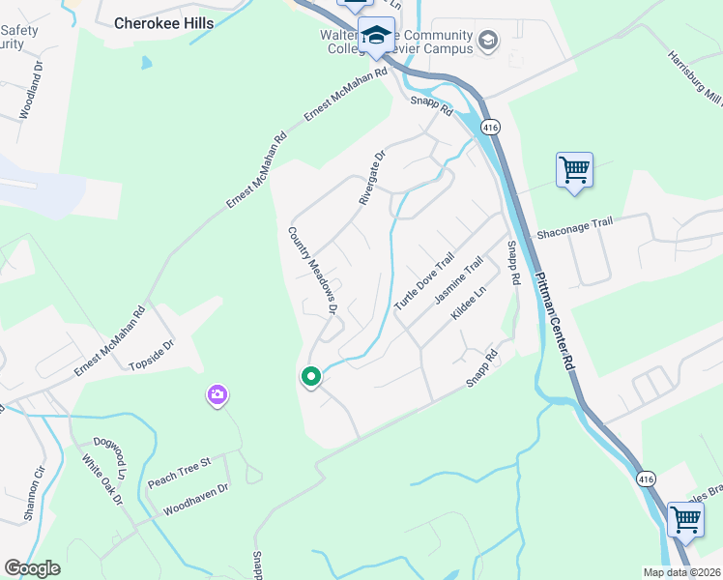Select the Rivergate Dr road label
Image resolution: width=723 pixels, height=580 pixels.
pyautogui.click(x=371, y=175)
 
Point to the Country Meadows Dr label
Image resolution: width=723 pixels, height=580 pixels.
pyautogui.click(x=311, y=270)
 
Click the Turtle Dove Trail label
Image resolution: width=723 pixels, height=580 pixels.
pyautogui.click(x=423, y=281)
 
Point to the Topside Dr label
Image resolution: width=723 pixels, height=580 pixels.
pyautogui.click(x=151, y=356)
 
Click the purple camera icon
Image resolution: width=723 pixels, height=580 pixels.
pyautogui.click(x=217, y=394)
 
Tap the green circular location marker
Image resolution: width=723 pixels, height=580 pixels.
pyautogui.click(x=311, y=377)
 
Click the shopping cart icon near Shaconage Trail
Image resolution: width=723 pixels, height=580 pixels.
pyautogui.click(x=574, y=171)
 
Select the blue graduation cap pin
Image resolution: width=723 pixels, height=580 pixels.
pyautogui.click(x=376, y=37)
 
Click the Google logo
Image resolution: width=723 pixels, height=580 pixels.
pyautogui.click(x=32, y=568)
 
